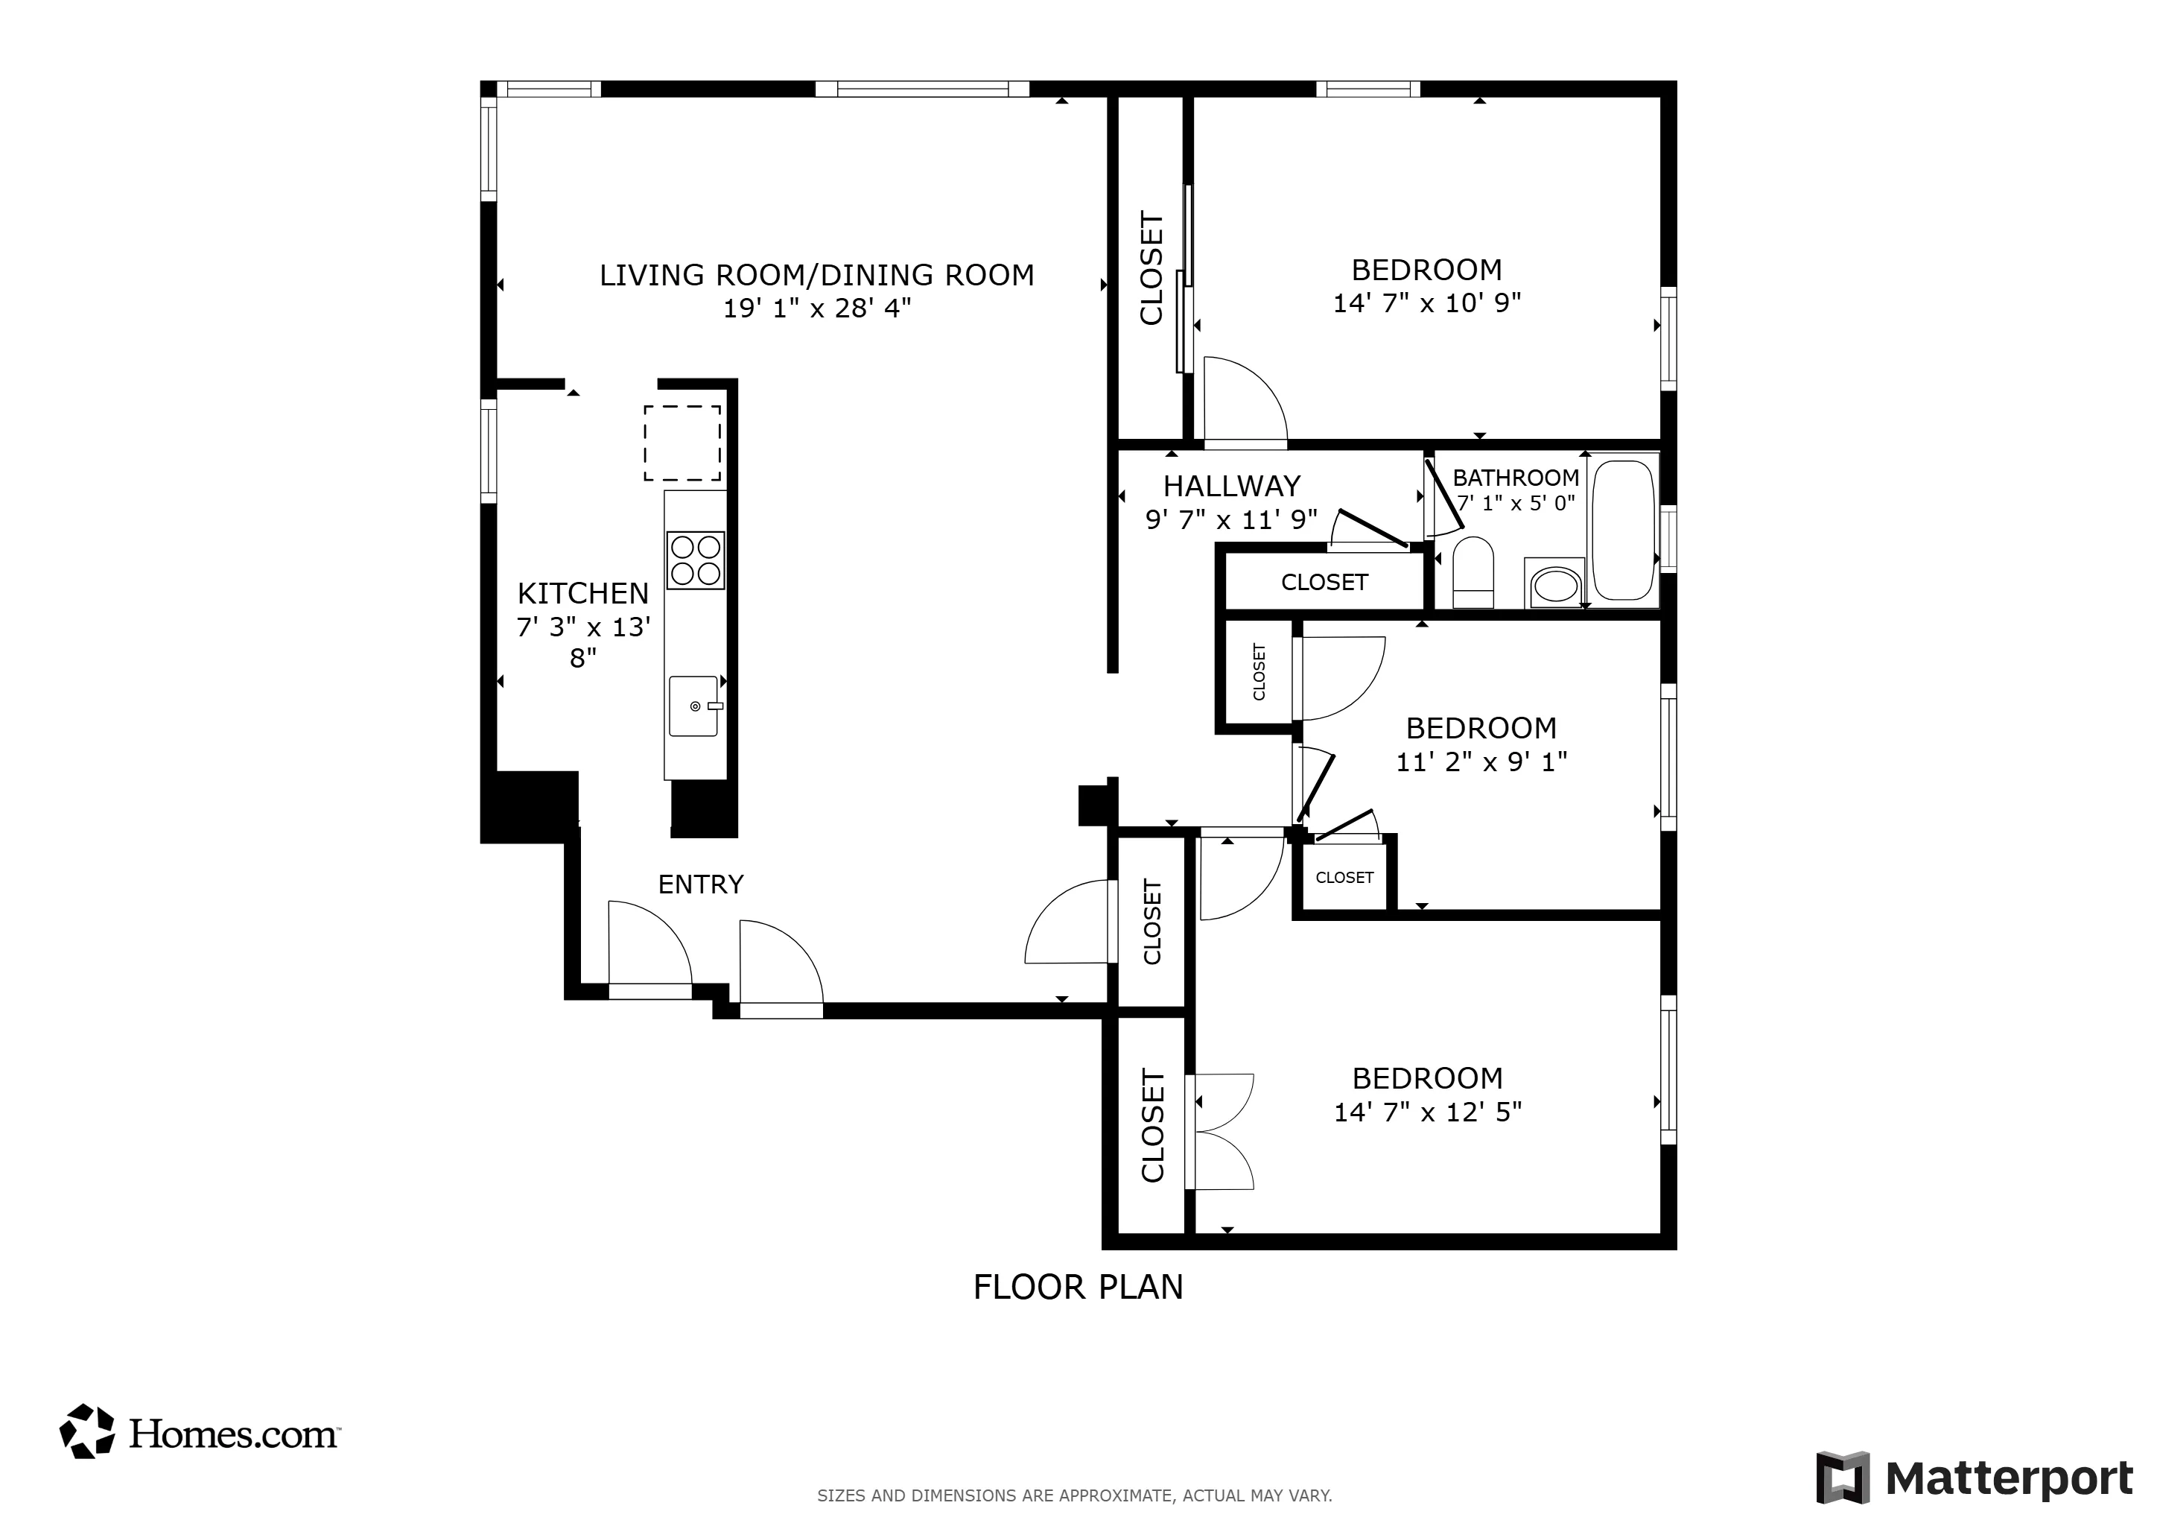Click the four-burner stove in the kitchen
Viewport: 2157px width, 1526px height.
(695, 560)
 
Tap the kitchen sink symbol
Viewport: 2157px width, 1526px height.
(694, 706)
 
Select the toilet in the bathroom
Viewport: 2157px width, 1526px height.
(1472, 572)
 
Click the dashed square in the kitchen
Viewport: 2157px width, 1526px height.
(682, 443)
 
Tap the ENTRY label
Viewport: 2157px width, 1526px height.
(700, 884)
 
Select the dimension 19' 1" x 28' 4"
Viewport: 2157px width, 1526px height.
(816, 308)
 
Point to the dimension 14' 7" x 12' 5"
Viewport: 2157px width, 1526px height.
(1427, 1112)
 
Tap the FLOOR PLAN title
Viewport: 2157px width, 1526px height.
(1078, 1286)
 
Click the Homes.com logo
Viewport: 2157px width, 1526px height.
(199, 1433)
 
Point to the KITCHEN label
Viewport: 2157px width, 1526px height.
(582, 593)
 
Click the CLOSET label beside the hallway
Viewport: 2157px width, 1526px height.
(1324, 583)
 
